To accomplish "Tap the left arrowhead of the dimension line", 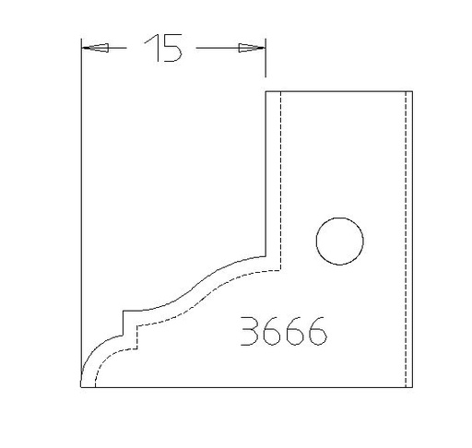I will (x=91, y=48).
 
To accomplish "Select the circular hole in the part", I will (x=338, y=242).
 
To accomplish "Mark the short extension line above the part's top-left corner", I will (x=266, y=59).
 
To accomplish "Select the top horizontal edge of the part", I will (x=337, y=91).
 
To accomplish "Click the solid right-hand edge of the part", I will (x=411, y=240).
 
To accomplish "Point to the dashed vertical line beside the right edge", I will (x=405, y=240).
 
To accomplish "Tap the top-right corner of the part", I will (x=411, y=91).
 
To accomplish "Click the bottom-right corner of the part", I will (x=411, y=388).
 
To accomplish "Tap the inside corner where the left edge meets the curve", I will (x=266, y=256).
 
